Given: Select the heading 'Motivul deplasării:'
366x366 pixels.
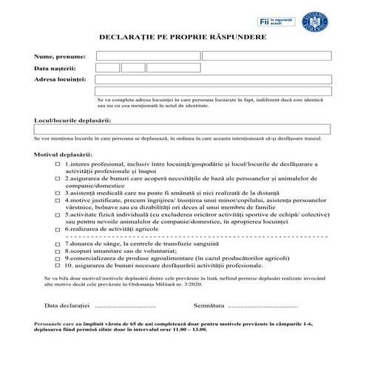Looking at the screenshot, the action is pos(64,155).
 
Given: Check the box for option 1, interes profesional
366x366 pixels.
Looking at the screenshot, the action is pos(57,164).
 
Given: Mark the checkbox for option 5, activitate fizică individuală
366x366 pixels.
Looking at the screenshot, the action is pos(57,214).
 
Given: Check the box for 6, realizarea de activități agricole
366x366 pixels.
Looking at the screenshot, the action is pos(57,228).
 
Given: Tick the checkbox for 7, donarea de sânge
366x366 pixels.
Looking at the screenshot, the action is pos(57,243).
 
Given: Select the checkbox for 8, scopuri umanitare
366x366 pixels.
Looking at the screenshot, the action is pos(57,251).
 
